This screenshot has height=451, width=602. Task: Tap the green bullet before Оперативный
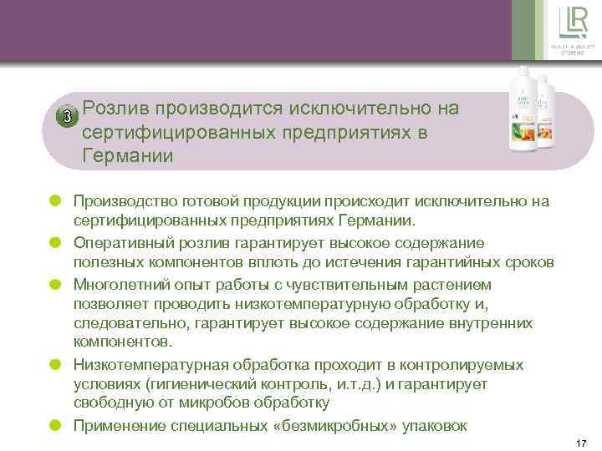[56, 242]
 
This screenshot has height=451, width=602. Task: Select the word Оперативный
[119, 242]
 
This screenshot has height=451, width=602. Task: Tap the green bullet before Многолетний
[56, 283]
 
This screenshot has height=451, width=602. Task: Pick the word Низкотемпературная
[141, 364]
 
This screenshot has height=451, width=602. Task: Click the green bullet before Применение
[56, 424]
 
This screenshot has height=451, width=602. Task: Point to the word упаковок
[440, 424]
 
